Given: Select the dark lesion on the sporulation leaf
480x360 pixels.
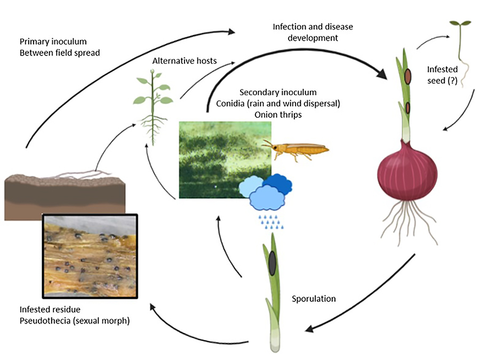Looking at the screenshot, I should pyautogui.click(x=272, y=262).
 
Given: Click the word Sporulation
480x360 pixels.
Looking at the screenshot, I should pyautogui.click(x=314, y=299).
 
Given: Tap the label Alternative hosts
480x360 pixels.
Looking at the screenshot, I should pyautogui.click(x=185, y=61).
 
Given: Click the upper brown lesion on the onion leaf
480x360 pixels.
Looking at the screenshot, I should pyautogui.click(x=407, y=77).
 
